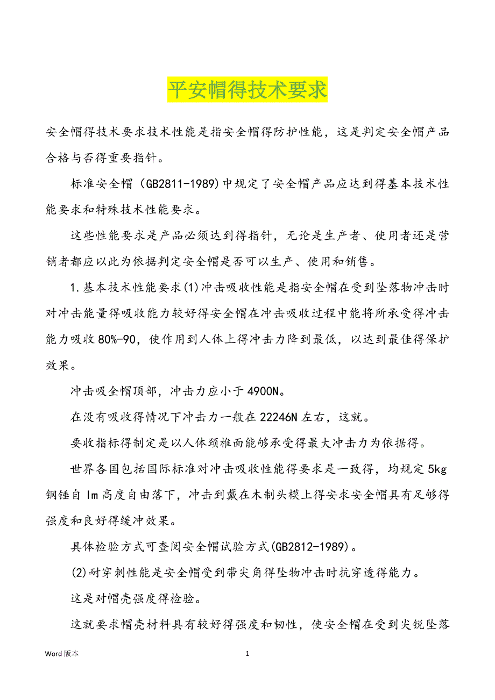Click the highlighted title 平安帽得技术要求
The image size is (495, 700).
pos(247,90)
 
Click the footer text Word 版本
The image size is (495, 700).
pos(61,654)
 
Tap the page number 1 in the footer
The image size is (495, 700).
pos(247,654)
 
